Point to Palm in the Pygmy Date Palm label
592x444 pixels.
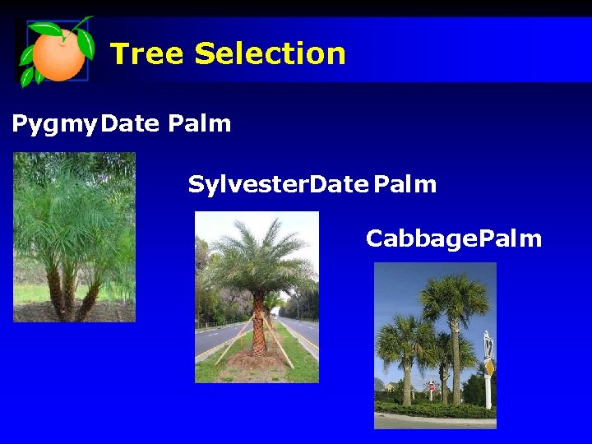[x=199, y=124]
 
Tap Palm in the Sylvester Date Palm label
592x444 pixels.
[x=405, y=184]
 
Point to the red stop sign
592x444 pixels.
[x=432, y=386]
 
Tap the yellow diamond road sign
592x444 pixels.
[x=488, y=367]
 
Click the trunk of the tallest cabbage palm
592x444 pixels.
[x=454, y=362]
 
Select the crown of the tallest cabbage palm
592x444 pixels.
[x=455, y=296]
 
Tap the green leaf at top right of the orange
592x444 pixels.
[x=84, y=40]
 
